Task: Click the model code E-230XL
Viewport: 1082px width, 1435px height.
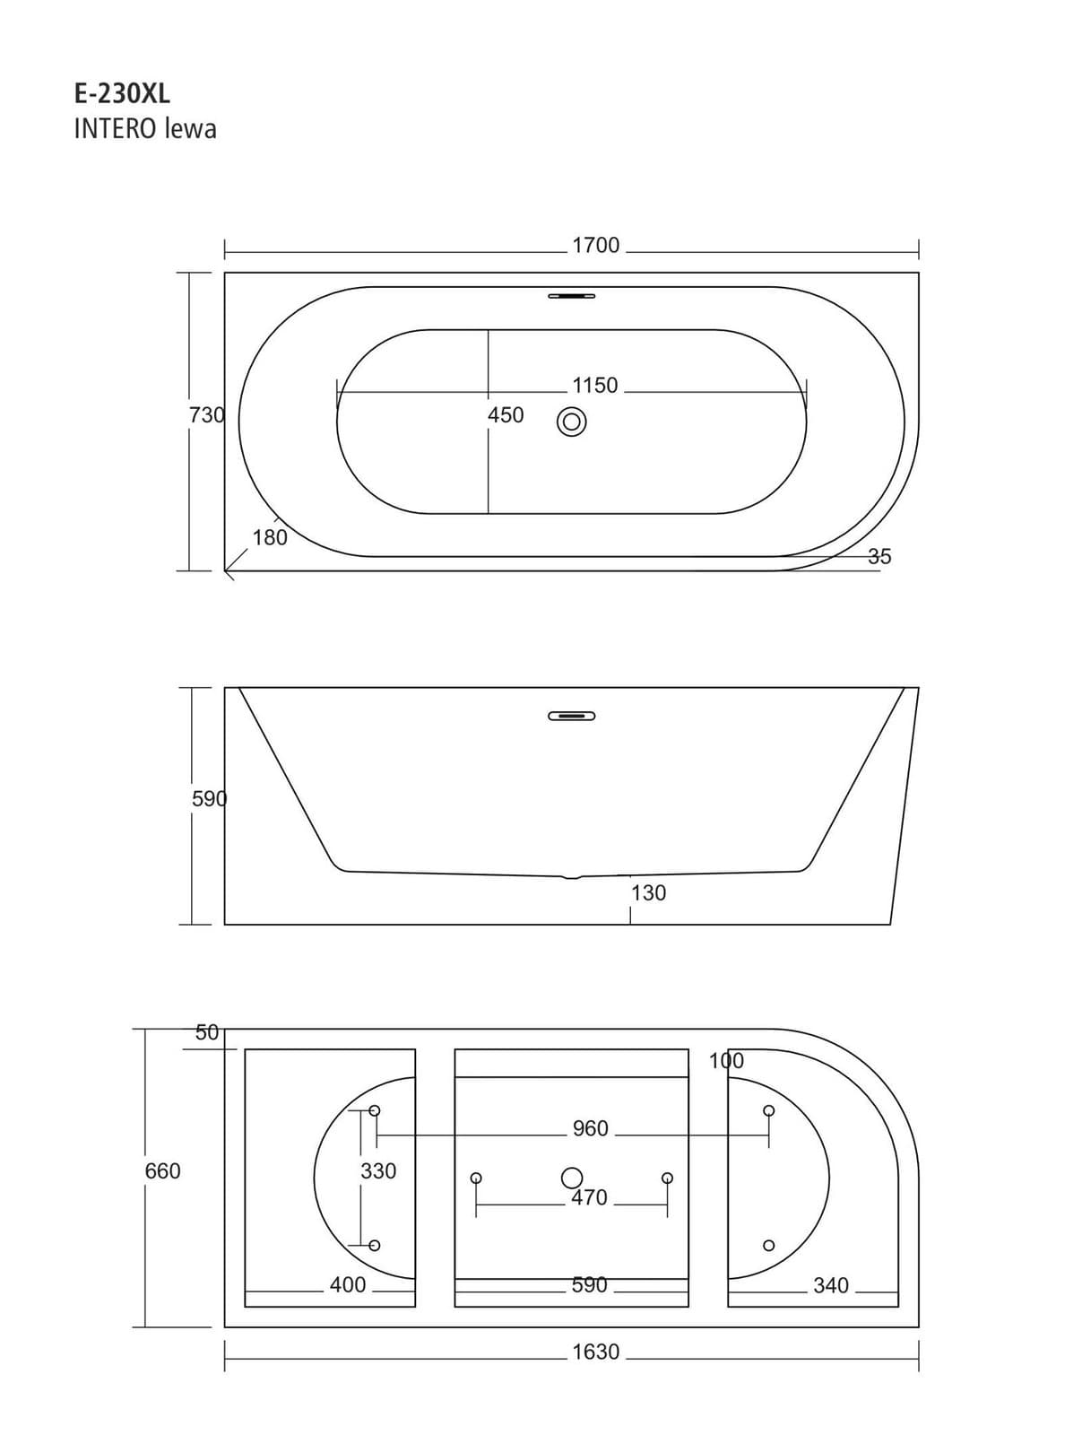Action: pos(122,94)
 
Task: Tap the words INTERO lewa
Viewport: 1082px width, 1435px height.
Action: pos(145,129)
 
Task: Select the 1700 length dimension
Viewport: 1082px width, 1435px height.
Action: pos(595,245)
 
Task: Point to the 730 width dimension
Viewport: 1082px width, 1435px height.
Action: pos(206,415)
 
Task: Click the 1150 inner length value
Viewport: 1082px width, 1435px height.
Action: pos(594,386)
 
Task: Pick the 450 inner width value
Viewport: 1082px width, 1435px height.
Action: pos(506,415)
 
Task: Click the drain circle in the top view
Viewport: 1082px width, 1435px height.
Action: pos(571,422)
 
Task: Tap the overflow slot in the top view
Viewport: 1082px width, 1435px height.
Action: pos(571,295)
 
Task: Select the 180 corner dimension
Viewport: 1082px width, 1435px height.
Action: pos(270,538)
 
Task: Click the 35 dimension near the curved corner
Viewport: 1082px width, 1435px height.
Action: pos(879,556)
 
